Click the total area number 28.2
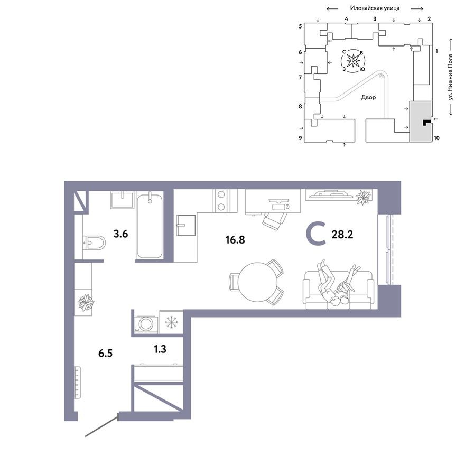click(x=343, y=234)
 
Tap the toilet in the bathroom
click(x=94, y=243)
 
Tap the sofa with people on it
click(x=338, y=288)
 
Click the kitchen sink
click(x=187, y=226)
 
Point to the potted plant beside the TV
click(x=364, y=197)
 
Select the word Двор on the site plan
click(x=368, y=97)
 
